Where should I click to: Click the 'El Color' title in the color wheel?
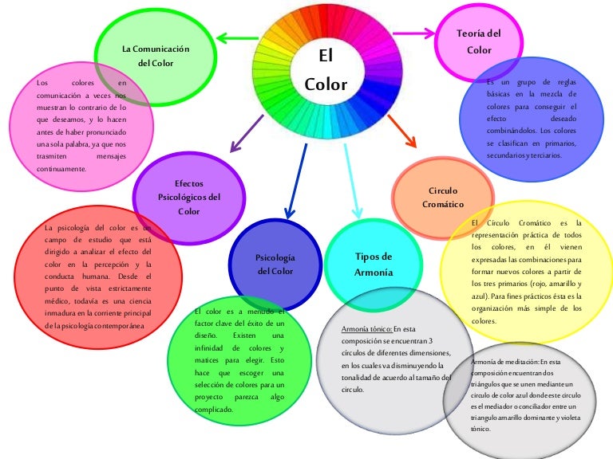(326, 70)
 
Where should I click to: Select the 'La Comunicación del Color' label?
(156, 56)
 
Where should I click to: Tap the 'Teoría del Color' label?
(479, 41)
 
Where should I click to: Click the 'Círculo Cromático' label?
(443, 198)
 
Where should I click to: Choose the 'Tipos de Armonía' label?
(374, 264)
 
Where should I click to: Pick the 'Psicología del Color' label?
(275, 265)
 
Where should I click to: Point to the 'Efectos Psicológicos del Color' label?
(189, 198)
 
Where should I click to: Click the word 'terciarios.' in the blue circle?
(542, 155)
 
